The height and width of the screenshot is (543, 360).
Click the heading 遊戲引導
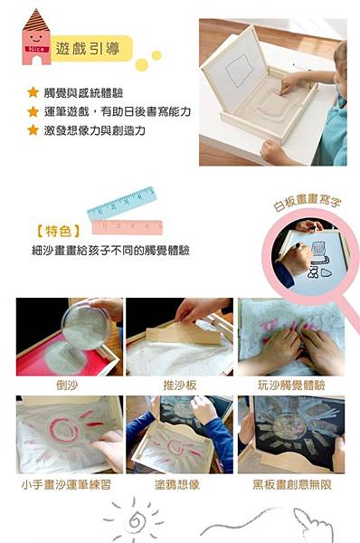point(88,49)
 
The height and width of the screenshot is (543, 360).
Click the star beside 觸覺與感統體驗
point(33,92)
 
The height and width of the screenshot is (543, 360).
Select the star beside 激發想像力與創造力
point(33,129)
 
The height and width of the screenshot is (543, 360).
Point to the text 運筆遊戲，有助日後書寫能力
point(118,111)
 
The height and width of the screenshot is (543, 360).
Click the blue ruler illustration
point(122,204)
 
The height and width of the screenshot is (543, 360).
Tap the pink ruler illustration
point(127,227)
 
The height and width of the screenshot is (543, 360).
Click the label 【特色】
point(58,231)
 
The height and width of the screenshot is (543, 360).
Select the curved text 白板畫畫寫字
point(307,202)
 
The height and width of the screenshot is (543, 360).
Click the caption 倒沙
point(67,385)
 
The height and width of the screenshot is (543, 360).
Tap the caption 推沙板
point(180,385)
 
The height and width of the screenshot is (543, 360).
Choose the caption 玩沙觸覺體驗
point(291,385)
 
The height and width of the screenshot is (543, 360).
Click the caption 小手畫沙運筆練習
point(66,484)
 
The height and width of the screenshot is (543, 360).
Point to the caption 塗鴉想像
point(177,484)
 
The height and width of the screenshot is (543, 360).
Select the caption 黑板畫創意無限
point(292,484)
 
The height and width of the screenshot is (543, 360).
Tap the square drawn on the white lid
point(239,71)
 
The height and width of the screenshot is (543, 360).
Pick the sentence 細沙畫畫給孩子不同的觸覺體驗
point(110,250)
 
